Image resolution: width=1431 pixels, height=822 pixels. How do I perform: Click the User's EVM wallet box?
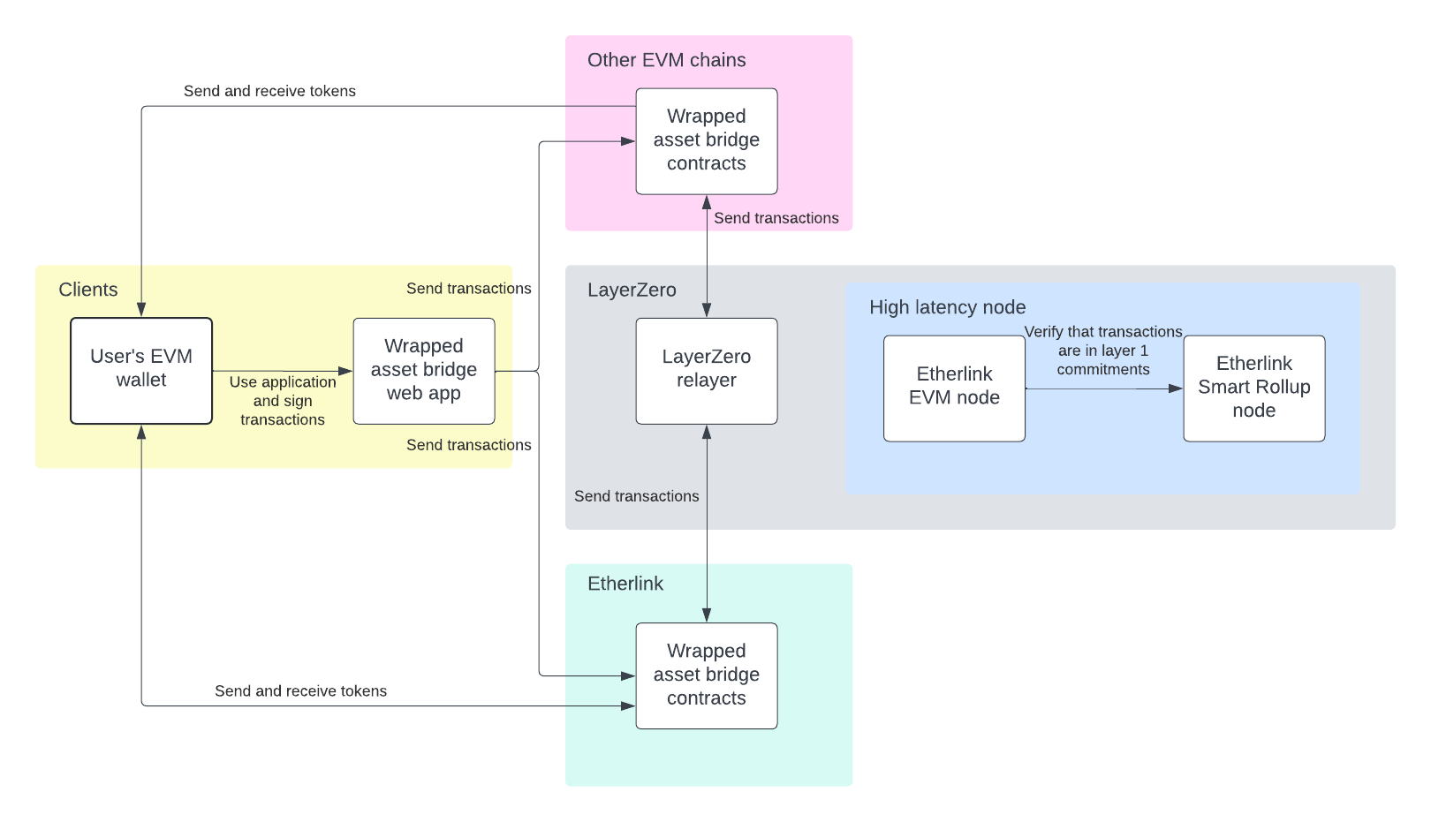tap(141, 370)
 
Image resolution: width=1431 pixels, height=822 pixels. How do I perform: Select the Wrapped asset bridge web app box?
tap(424, 370)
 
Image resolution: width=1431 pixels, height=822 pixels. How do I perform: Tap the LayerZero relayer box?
tap(707, 370)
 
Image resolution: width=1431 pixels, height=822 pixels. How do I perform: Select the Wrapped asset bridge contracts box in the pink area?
tap(707, 140)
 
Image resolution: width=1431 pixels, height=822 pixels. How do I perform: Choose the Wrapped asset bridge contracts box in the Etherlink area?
tap(707, 675)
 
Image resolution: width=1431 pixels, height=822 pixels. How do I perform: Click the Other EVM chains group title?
tap(666, 60)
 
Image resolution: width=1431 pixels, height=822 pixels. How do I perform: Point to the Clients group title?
tap(88, 290)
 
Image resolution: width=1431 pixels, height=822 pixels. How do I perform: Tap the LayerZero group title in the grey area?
tap(632, 290)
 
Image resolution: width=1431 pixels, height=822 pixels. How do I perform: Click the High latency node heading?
tap(947, 307)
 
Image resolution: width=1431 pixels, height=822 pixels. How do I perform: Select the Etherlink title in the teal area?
tap(625, 584)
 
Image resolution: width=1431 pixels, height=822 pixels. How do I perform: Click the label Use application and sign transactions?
tap(283, 401)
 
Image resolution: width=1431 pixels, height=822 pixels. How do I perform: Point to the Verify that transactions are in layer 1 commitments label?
tap(1103, 351)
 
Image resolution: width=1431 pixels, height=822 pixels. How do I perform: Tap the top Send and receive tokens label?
tap(269, 91)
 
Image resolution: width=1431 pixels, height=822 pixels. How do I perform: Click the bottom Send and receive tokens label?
tap(300, 690)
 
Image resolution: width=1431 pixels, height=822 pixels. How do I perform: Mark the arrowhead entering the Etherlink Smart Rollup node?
tap(1176, 388)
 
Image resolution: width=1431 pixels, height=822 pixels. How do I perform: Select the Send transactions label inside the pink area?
tap(776, 218)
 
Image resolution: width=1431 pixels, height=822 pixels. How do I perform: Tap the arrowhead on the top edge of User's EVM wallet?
tap(141, 309)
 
